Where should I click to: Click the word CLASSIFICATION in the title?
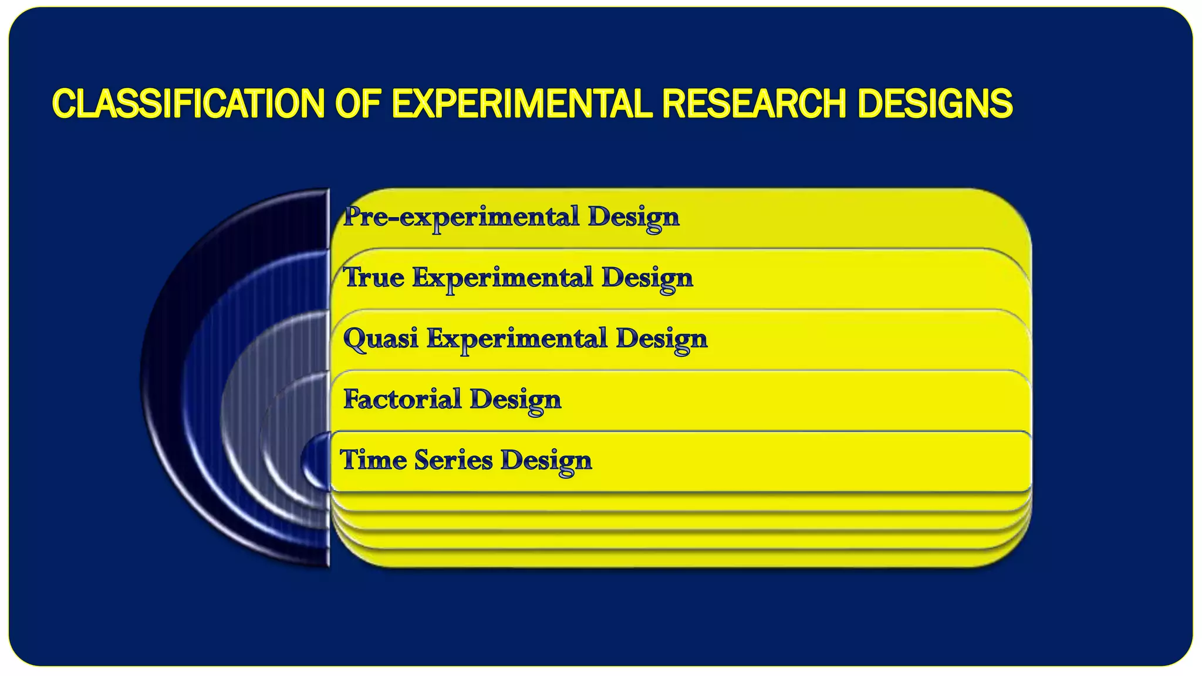point(188,104)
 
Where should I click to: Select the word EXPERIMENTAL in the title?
point(521,104)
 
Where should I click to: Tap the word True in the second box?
point(373,278)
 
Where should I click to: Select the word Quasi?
point(380,339)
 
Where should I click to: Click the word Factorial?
point(403,400)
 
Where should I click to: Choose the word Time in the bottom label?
point(373,460)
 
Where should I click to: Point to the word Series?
point(453,460)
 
